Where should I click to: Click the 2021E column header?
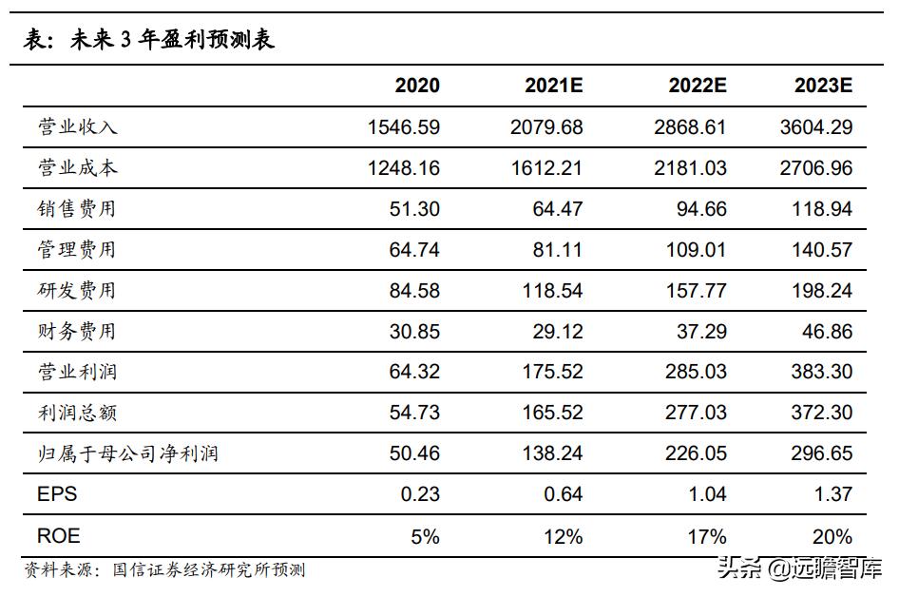(x=553, y=86)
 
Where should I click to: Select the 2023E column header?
(x=824, y=86)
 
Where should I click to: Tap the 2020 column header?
(x=417, y=86)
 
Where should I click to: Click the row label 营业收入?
(x=78, y=126)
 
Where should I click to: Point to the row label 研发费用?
(x=78, y=290)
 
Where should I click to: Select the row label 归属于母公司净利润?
(x=127, y=453)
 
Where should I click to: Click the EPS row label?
(x=57, y=494)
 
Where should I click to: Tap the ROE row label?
(x=58, y=536)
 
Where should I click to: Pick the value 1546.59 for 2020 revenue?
(x=403, y=126)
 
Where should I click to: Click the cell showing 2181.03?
(x=690, y=168)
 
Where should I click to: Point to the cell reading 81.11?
(x=558, y=250)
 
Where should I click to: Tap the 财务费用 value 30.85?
(x=414, y=332)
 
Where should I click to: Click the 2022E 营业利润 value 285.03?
(x=696, y=372)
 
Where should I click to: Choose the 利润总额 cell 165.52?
(x=552, y=413)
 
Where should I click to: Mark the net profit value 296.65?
(x=823, y=453)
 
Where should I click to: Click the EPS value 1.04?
(x=705, y=494)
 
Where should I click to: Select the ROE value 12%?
(x=563, y=536)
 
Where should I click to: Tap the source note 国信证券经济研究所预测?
(x=209, y=570)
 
